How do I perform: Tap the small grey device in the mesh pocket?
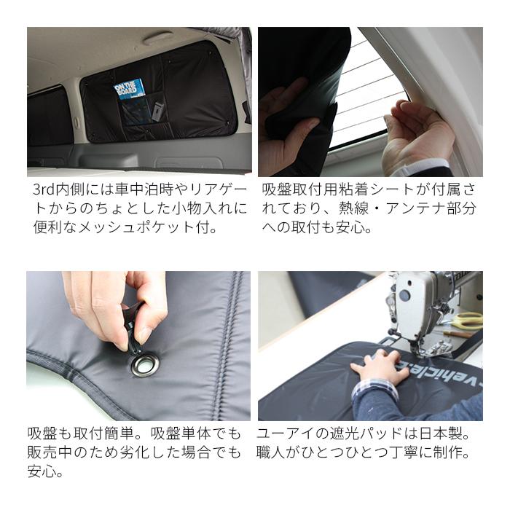[157, 112]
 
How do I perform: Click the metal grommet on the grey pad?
[144, 363]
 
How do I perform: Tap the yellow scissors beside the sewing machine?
[466, 321]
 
